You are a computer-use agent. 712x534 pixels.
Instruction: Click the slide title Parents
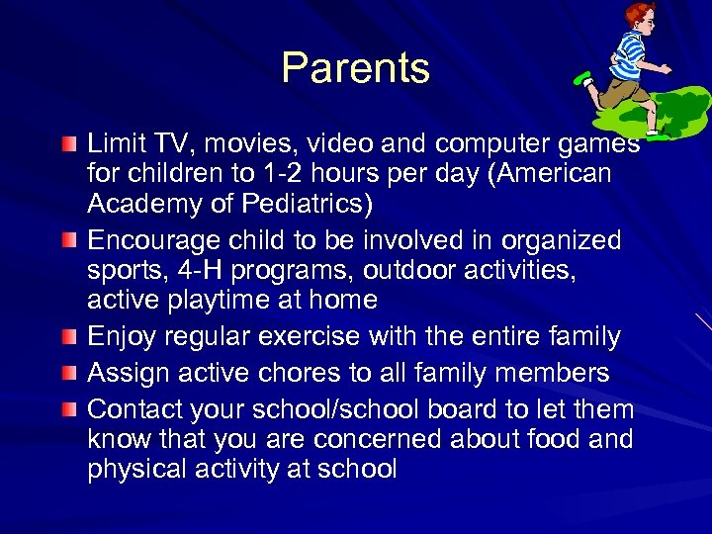click(355, 68)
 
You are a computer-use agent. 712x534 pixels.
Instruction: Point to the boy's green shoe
click(583, 78)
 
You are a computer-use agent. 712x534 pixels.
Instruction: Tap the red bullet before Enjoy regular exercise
click(66, 338)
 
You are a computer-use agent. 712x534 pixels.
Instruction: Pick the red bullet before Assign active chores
click(66, 374)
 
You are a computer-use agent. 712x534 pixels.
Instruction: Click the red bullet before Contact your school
click(66, 410)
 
